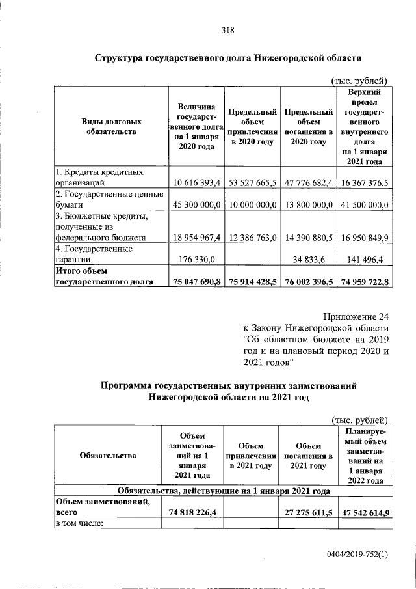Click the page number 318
coord(227,29)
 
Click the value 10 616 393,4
coord(194,184)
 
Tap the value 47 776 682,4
coord(307,184)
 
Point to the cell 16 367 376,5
coord(363,184)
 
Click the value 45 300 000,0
coord(194,205)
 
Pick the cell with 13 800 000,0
coord(307,205)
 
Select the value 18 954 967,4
coord(194,238)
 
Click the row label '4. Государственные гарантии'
coord(95,254)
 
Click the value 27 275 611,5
coord(307,512)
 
